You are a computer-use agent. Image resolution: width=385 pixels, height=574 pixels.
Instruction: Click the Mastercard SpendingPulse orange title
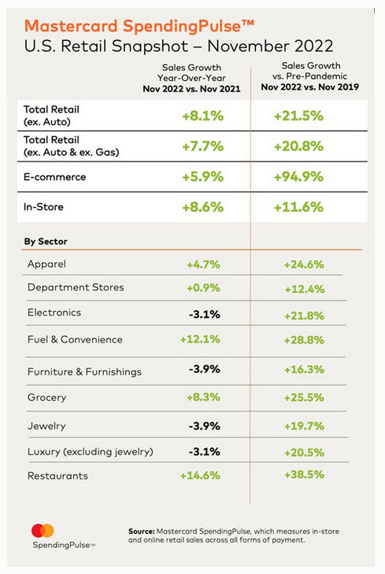(139, 26)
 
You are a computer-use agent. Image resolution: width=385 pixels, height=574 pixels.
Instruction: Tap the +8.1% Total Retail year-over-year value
(203, 116)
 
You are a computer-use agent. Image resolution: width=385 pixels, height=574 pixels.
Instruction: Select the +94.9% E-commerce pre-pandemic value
(298, 177)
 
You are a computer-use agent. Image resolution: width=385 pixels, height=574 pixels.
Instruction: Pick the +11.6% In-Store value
(298, 207)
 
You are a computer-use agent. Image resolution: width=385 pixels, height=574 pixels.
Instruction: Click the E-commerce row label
(54, 177)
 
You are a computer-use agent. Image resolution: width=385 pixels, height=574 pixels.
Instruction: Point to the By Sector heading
(46, 242)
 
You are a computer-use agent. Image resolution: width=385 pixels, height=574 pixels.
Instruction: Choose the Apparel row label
(46, 265)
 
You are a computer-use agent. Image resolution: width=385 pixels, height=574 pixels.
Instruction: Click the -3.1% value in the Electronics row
(204, 314)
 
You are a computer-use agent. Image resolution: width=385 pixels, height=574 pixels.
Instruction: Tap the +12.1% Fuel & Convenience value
(200, 339)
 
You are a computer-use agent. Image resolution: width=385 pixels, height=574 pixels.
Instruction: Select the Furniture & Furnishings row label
(84, 372)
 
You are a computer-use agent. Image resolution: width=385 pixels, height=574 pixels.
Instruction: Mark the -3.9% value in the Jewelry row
(204, 426)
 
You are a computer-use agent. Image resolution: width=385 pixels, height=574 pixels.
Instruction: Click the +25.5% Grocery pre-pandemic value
(304, 398)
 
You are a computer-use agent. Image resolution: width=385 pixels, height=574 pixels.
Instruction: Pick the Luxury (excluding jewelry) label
(91, 452)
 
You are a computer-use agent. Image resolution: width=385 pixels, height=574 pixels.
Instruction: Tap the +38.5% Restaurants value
(304, 475)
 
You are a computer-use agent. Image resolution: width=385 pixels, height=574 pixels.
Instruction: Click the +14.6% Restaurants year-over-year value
(200, 476)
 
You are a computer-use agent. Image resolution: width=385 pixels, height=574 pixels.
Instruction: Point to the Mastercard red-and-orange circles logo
(43, 531)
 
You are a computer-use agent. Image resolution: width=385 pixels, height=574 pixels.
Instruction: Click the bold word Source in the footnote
(142, 531)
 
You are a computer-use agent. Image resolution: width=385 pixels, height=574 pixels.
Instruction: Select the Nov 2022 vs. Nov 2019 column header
(310, 87)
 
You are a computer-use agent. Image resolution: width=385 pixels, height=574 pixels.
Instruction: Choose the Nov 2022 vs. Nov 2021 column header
(192, 89)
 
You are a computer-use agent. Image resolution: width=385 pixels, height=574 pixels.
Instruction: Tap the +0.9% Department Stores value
(203, 288)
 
